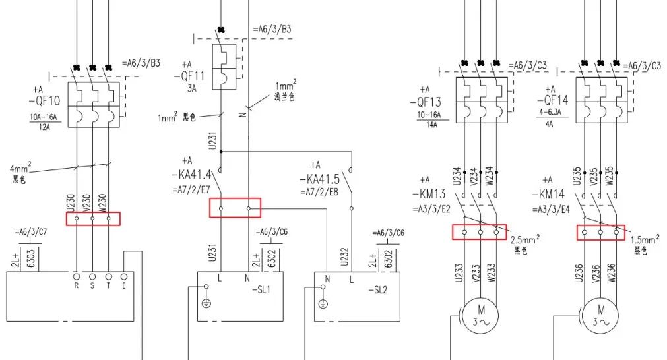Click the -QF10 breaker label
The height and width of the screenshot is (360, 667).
[x=45, y=102]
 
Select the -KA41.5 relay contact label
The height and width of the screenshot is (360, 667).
[x=321, y=179]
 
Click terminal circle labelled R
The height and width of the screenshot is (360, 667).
[x=77, y=276]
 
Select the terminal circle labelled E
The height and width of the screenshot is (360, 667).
[x=124, y=276]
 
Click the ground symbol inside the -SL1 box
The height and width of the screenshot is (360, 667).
[x=206, y=303]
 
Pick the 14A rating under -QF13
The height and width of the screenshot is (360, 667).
[x=433, y=123]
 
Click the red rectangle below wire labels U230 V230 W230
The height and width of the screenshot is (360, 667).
[x=93, y=218]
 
